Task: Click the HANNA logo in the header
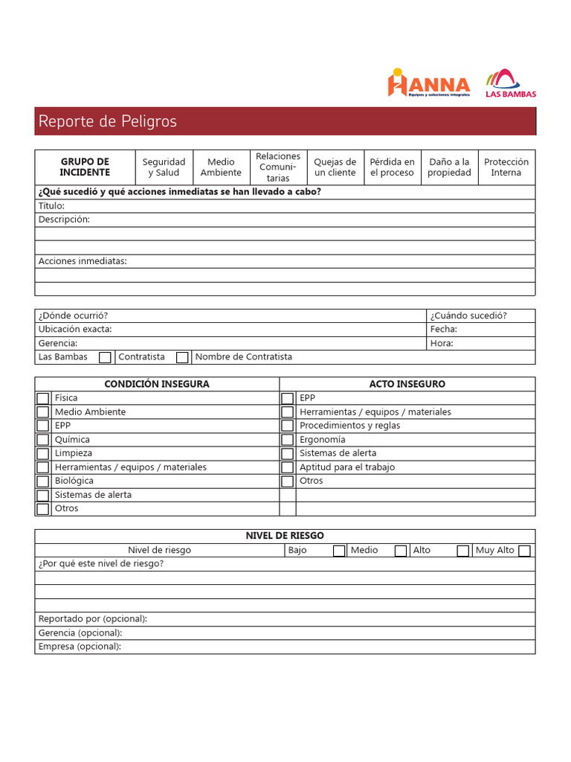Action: click(x=428, y=83)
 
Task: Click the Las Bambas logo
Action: click(x=510, y=83)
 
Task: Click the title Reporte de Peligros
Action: click(x=108, y=121)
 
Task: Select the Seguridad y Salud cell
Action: click(x=164, y=167)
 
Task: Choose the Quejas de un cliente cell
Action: click(x=335, y=167)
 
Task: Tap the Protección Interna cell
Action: click(x=506, y=167)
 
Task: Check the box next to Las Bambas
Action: click(x=106, y=357)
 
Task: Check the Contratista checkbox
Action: click(x=182, y=357)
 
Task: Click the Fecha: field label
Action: click(x=444, y=329)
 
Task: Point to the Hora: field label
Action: click(x=442, y=343)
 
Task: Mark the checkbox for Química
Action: click(x=43, y=440)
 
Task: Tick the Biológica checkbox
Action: click(x=43, y=481)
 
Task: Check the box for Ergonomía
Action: click(x=288, y=440)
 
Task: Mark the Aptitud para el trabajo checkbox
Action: click(x=288, y=467)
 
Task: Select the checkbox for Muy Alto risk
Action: click(x=525, y=551)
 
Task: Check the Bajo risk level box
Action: click(x=339, y=551)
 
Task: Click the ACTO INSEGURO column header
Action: click(x=407, y=384)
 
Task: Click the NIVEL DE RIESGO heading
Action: click(x=285, y=536)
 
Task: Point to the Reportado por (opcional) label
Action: click(x=93, y=619)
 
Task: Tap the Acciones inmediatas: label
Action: click(x=83, y=261)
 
